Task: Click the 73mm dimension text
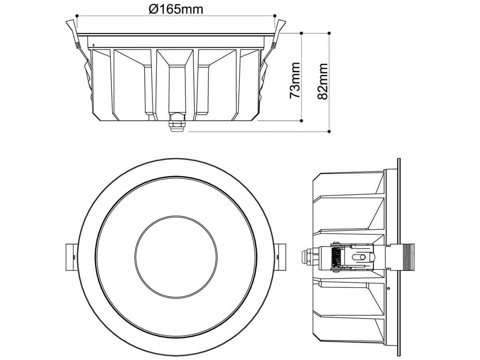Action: click(295, 80)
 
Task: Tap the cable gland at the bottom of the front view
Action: click(176, 124)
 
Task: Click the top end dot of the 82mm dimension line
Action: click(329, 33)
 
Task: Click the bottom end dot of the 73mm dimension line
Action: click(301, 120)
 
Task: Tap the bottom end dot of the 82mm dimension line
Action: click(329, 131)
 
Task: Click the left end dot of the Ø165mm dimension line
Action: click(76, 16)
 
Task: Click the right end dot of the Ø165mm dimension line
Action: click(275, 16)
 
